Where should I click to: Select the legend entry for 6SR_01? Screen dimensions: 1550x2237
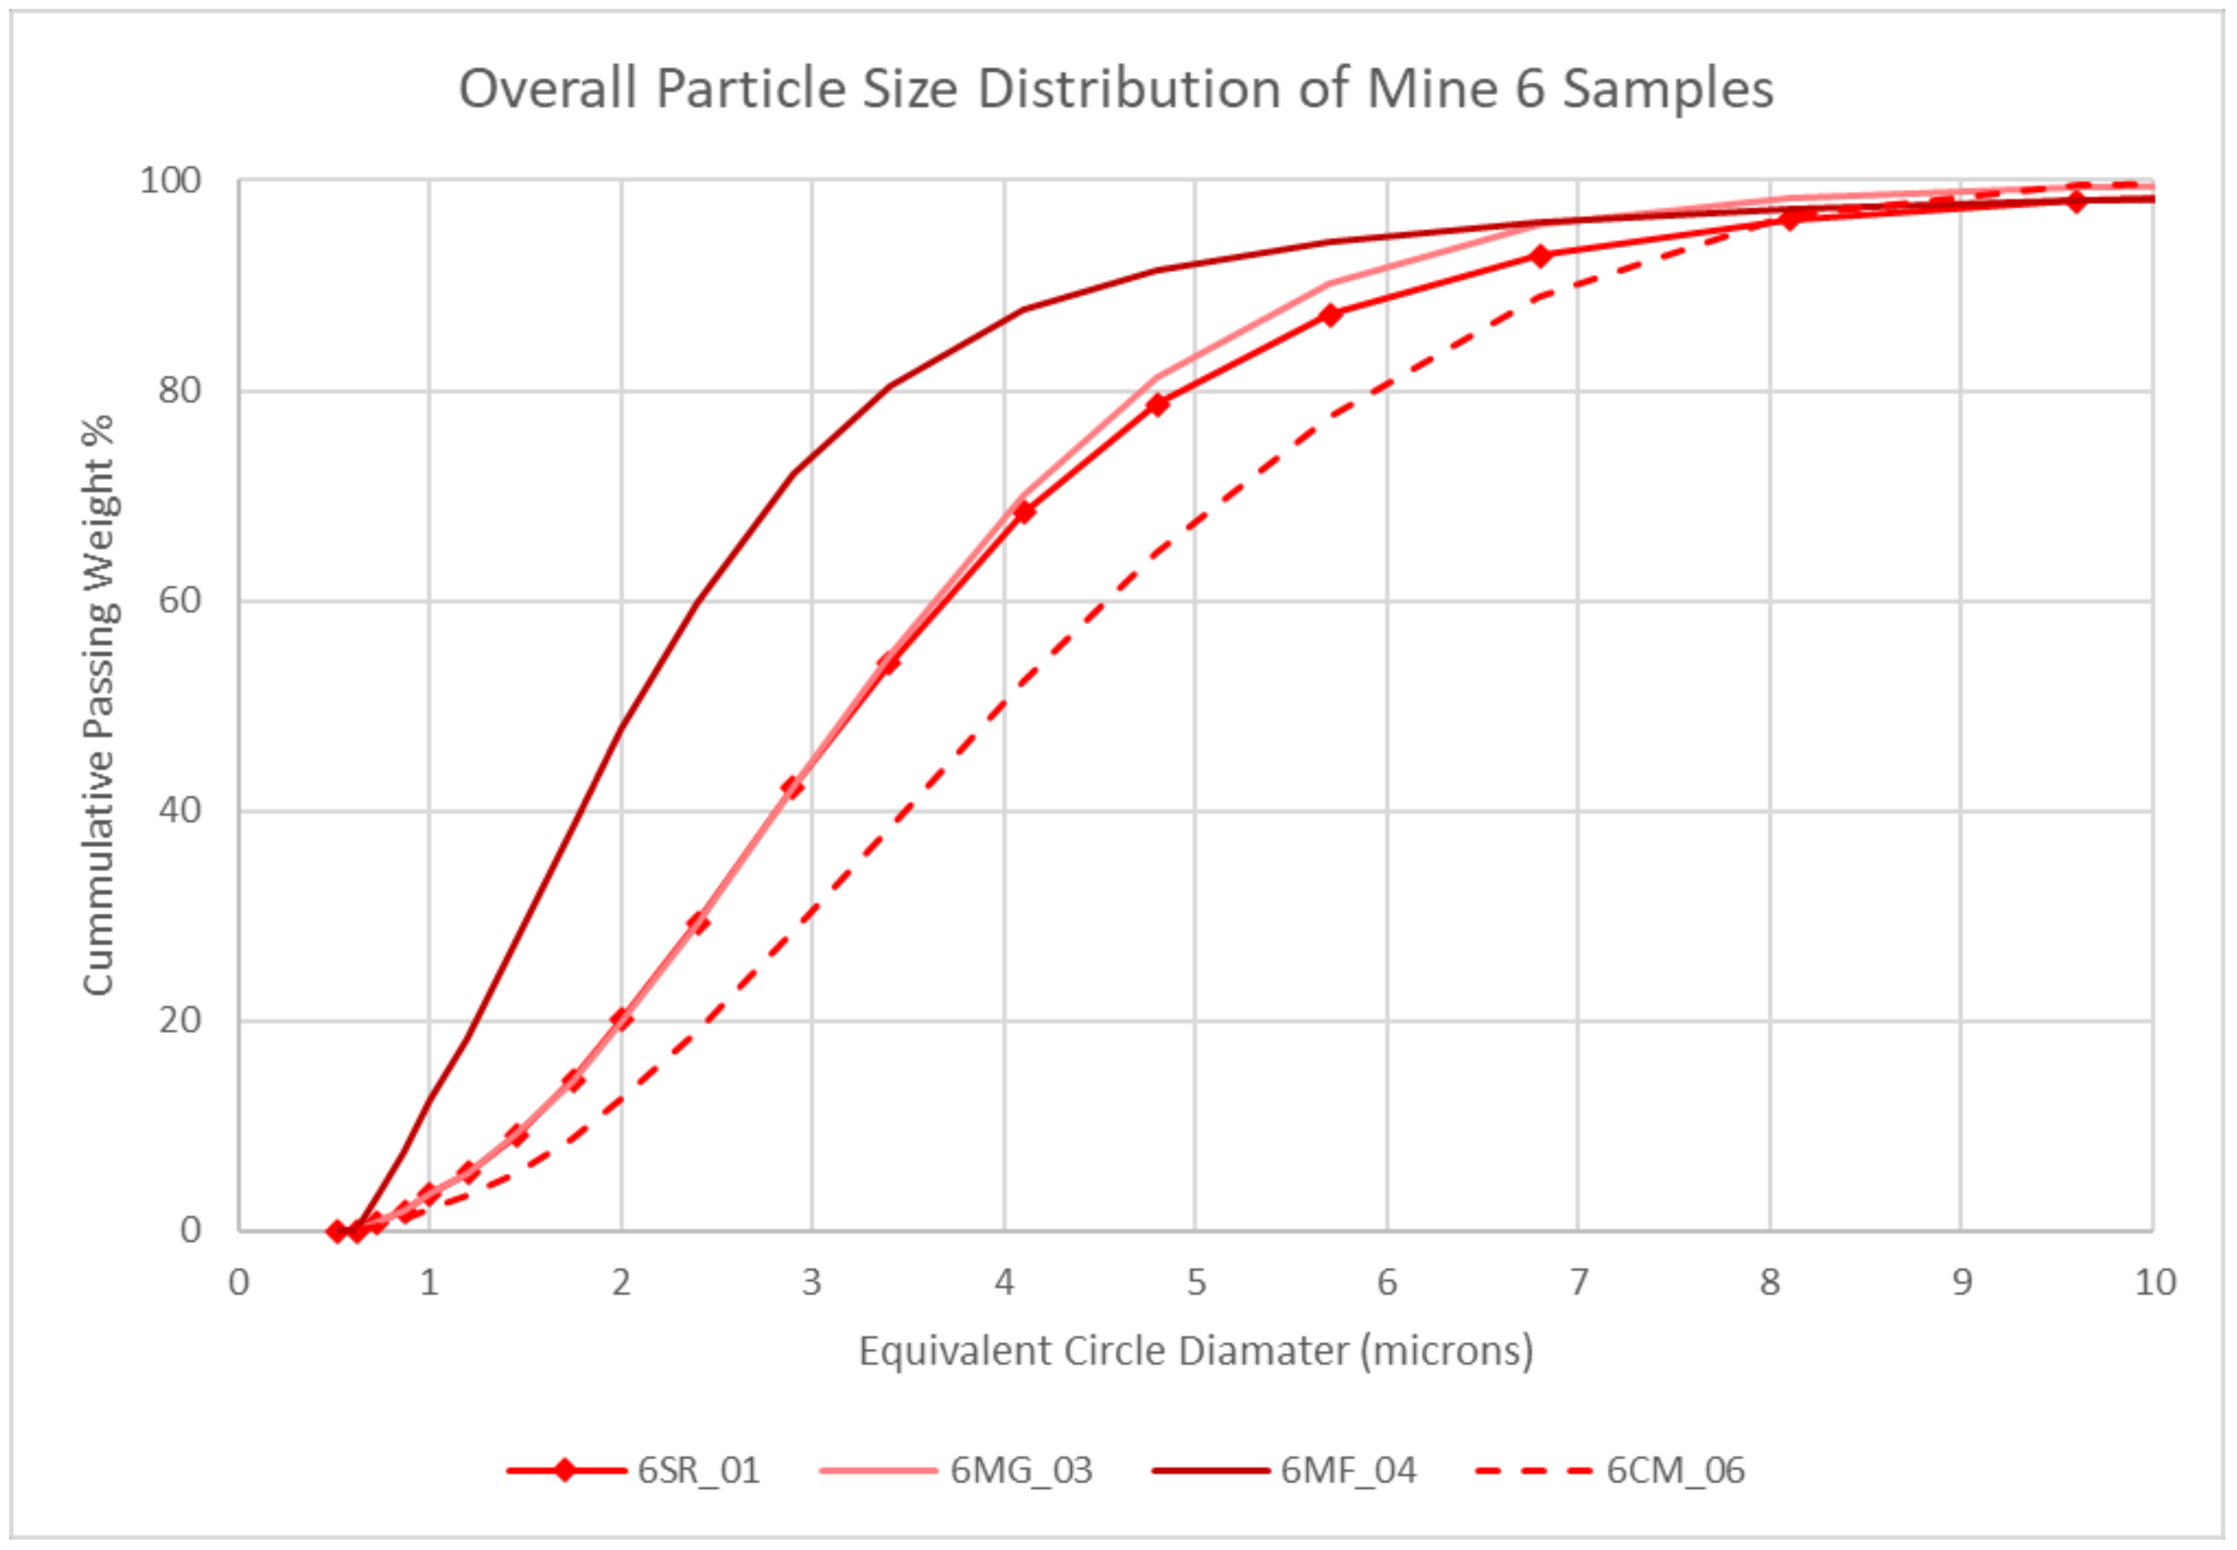pos(698,1470)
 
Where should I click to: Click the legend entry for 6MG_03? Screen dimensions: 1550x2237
pos(1020,1470)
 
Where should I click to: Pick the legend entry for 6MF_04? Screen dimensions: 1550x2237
pos(1347,1470)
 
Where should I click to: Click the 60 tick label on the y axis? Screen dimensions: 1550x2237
pos(180,600)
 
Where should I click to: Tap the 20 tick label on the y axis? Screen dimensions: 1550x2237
pos(180,1020)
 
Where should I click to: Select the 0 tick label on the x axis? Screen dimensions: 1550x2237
pos(239,1283)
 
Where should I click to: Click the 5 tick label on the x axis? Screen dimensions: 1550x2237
pos(1196,1283)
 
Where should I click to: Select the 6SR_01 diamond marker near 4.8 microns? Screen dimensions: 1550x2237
pos(1157,404)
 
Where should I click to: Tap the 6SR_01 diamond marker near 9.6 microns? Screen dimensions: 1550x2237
pos(2076,201)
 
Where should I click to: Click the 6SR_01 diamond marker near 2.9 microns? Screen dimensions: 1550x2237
pos(793,787)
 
